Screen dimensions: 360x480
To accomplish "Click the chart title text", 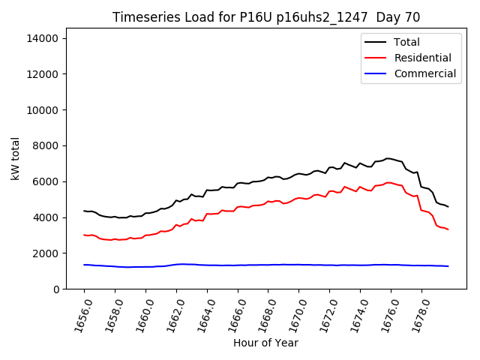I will [x=266, y=17].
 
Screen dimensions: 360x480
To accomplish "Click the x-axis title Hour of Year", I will [x=265, y=343].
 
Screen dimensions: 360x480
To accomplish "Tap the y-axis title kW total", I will [x=16, y=159].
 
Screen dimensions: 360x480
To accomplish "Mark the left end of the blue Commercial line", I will [x=84, y=265].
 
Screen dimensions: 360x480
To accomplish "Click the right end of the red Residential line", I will [x=448, y=229].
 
